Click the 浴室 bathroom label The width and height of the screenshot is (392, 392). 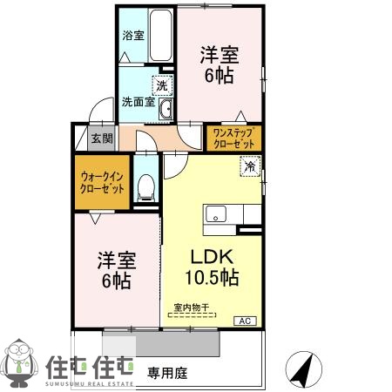[x=132, y=37]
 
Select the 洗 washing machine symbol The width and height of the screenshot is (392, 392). [x=161, y=85]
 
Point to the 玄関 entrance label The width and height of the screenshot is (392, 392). [x=101, y=138]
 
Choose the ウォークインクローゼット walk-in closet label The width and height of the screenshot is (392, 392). [x=104, y=181]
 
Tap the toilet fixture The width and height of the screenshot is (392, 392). [x=147, y=186]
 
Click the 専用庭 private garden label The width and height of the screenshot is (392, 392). [x=166, y=374]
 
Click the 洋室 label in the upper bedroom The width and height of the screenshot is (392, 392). [x=219, y=52]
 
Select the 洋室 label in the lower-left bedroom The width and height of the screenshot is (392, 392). [x=114, y=259]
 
